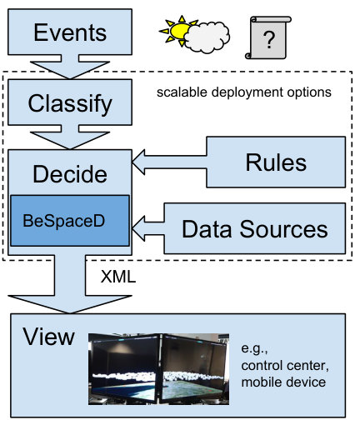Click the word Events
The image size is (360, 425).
[x=70, y=32]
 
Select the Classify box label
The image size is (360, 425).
[x=70, y=104]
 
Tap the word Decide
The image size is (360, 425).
[x=70, y=174]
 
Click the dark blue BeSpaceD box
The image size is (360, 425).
[x=70, y=221]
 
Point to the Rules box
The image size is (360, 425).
[x=276, y=162]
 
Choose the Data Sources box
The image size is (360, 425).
[x=255, y=228]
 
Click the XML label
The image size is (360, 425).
[x=118, y=277]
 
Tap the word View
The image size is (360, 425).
[x=48, y=337]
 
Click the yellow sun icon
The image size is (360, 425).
[x=177, y=31]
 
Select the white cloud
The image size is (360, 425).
[x=207, y=37]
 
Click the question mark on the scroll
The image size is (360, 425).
[x=268, y=40]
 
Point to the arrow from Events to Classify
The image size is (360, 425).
[x=70, y=67]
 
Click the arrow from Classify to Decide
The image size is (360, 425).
[x=70, y=137]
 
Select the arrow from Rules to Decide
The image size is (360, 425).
[x=169, y=162]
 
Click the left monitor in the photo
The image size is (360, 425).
[x=124, y=368]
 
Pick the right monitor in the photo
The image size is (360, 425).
[x=194, y=368]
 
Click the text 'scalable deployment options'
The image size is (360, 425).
[x=244, y=92]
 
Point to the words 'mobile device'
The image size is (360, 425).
[x=283, y=382]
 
